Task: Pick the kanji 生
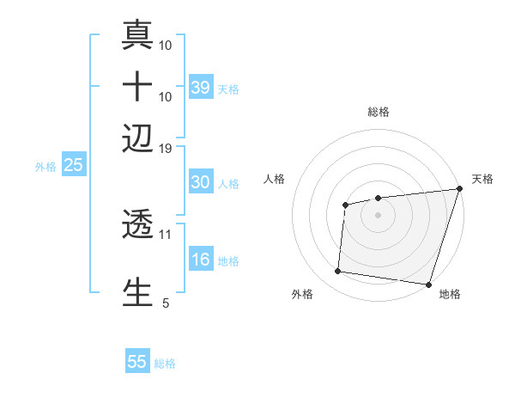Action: click(138, 291)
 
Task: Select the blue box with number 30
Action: click(200, 182)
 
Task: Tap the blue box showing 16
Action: click(200, 260)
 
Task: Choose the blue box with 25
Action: click(73, 165)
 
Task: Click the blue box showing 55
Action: click(137, 362)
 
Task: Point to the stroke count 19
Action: click(166, 148)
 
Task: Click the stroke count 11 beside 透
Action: click(166, 233)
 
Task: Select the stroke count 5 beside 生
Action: click(166, 303)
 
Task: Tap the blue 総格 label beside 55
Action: click(165, 364)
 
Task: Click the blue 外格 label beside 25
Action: click(45, 167)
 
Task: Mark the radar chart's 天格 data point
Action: click(459, 190)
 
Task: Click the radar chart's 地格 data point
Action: click(427, 284)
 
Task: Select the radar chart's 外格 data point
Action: click(338, 272)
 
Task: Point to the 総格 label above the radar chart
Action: click(378, 112)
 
